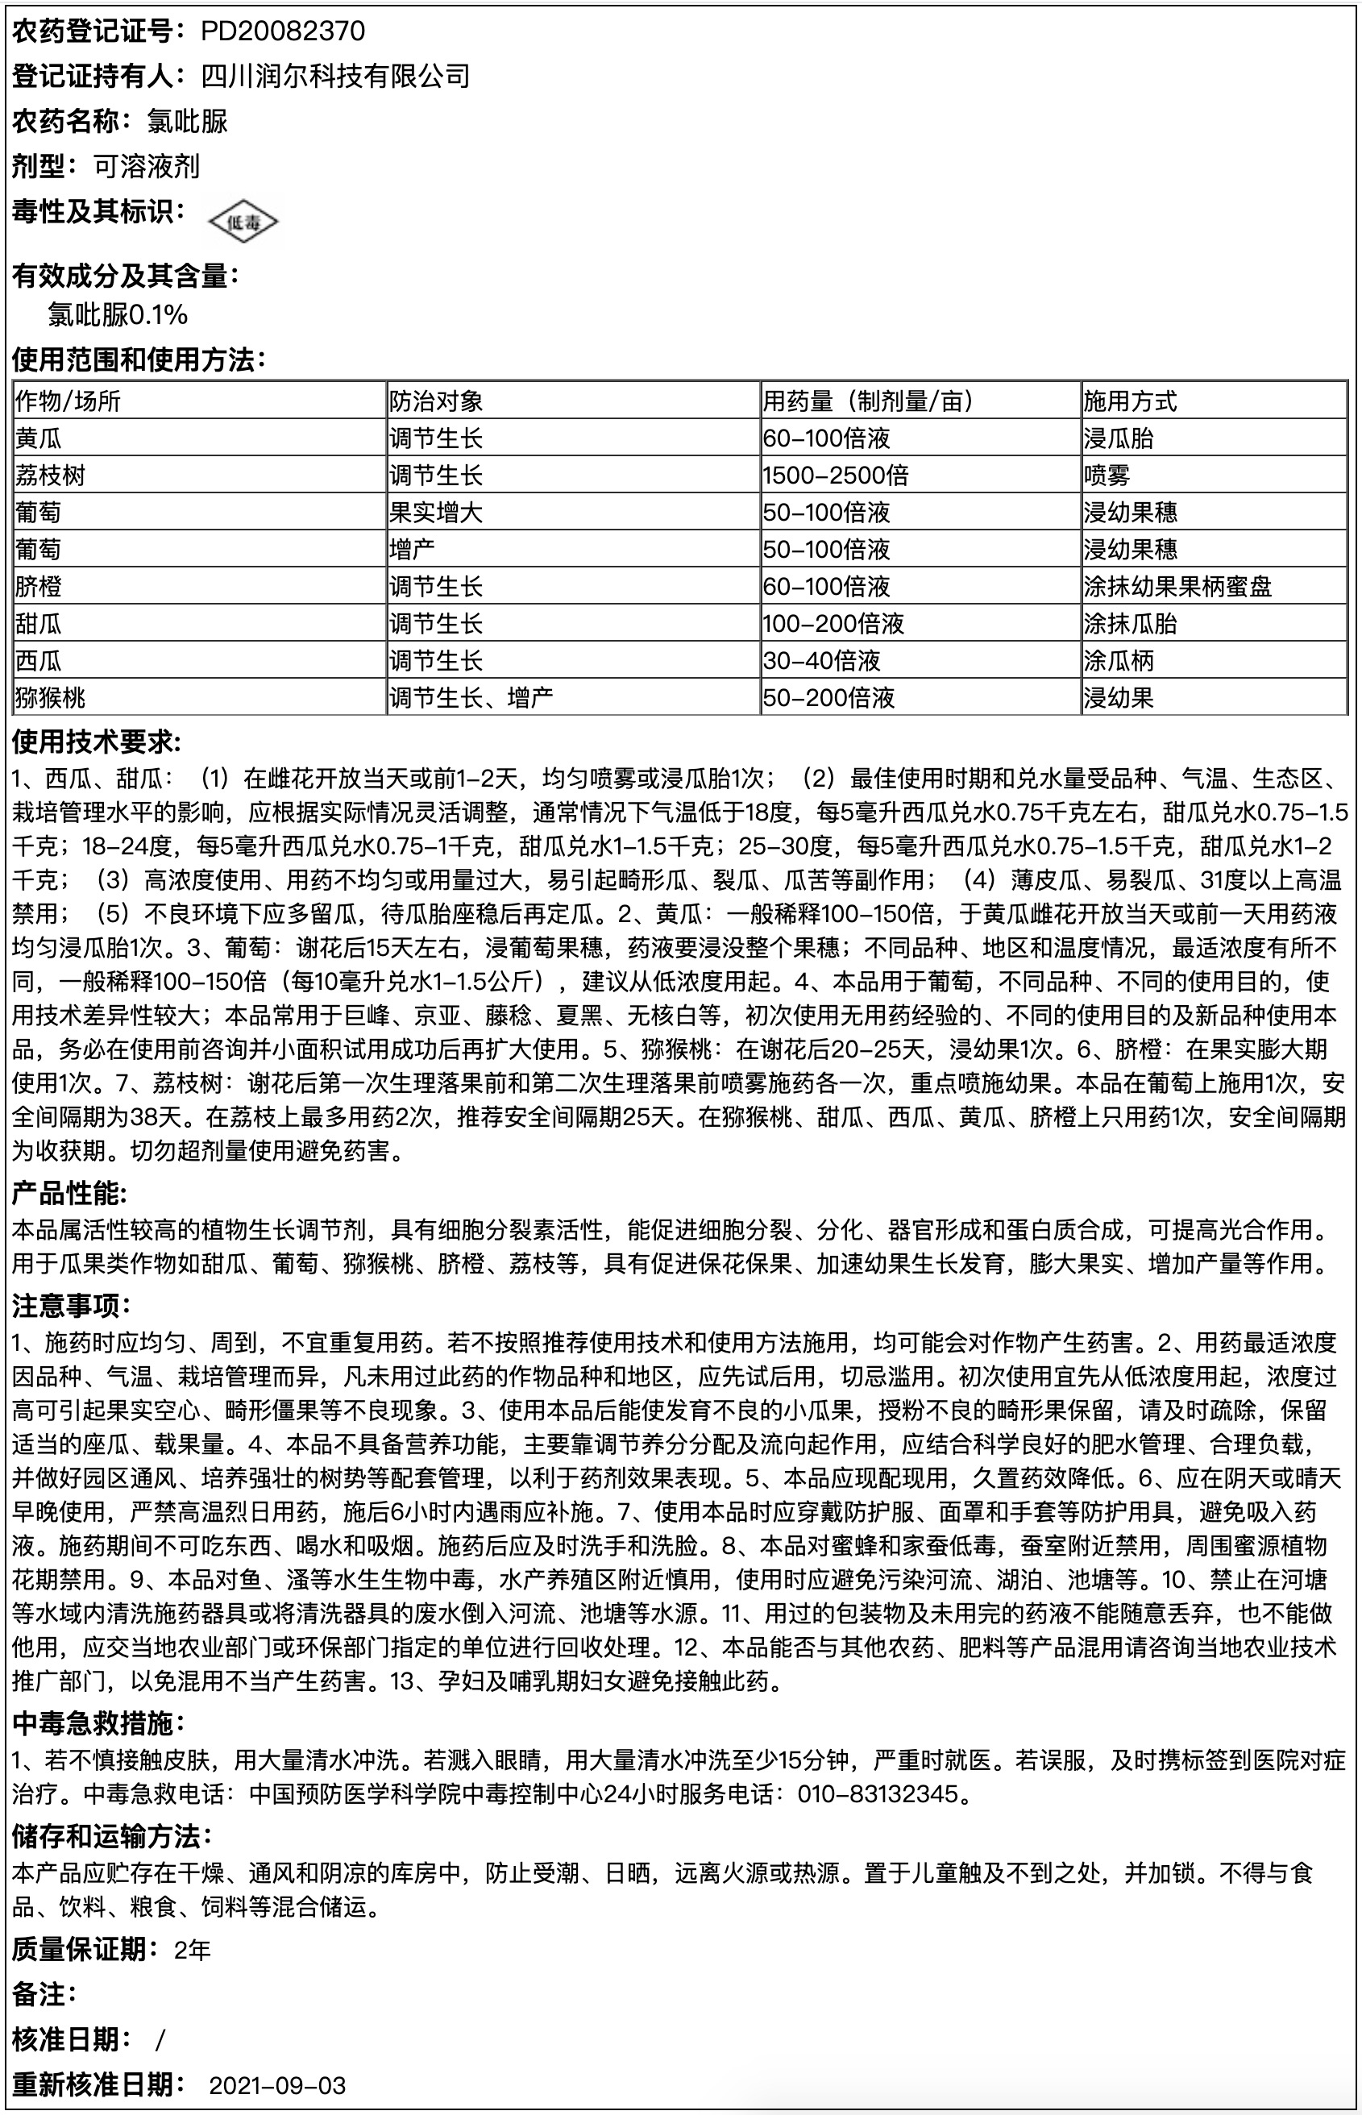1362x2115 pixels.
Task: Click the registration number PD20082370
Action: coord(282,32)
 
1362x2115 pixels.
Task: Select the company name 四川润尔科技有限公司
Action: coord(335,77)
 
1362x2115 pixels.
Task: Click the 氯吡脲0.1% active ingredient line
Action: coord(118,315)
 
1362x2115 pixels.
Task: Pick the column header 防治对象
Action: coord(436,401)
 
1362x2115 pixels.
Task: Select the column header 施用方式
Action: coord(1130,401)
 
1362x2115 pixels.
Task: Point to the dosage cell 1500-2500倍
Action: coord(835,476)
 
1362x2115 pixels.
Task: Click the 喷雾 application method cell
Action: coord(1107,476)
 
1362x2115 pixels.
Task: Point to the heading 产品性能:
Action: coord(70,1195)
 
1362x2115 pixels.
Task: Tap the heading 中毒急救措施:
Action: coord(98,1722)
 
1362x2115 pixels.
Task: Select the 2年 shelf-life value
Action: coord(192,1951)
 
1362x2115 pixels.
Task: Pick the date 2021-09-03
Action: coord(276,2085)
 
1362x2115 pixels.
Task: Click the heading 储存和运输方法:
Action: coord(111,1837)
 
